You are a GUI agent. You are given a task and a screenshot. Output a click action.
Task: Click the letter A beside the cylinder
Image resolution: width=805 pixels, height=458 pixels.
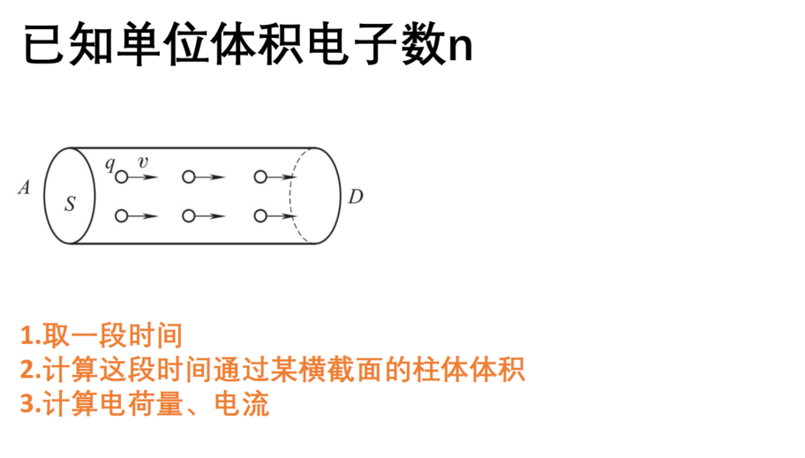pos(24,187)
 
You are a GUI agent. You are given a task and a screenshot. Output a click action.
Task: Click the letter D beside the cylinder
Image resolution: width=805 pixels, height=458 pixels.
pos(356,196)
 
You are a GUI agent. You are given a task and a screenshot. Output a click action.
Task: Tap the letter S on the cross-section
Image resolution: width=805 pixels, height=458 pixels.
pos(71,204)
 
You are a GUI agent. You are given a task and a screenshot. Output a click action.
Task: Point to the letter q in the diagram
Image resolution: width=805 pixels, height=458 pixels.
pos(109,164)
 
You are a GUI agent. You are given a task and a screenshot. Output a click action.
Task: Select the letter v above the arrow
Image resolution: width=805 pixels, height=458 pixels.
pos(143,162)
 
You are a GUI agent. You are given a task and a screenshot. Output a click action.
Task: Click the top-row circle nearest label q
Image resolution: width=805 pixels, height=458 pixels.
pos(122,177)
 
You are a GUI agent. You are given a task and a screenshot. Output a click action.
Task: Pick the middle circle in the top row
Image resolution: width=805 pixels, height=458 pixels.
pos(189,177)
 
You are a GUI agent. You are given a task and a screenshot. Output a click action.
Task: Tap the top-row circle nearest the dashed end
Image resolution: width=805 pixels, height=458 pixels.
pos(260,177)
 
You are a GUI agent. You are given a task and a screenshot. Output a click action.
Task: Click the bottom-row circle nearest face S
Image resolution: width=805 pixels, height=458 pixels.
pos(122,216)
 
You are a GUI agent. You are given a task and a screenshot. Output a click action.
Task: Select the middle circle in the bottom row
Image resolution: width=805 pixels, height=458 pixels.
pos(189,216)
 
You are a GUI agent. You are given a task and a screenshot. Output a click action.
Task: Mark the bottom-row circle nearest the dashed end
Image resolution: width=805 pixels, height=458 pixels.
pos(260,216)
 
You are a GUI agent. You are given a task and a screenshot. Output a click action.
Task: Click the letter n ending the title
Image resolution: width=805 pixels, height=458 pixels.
pos(461,48)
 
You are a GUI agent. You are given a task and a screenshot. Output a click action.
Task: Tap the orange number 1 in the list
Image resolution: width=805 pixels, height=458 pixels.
pos(27,336)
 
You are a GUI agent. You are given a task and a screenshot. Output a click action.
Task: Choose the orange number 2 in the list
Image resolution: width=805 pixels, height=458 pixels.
pos(27,370)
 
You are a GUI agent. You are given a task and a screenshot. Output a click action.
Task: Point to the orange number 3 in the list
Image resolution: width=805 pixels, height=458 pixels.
pos(27,403)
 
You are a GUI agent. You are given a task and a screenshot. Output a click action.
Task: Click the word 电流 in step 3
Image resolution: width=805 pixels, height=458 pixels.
pos(242,403)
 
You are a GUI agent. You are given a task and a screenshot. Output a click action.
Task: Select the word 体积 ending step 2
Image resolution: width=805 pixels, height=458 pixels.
pos(498,370)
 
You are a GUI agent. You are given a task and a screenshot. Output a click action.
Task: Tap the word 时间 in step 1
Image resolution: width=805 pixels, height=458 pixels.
pos(155,336)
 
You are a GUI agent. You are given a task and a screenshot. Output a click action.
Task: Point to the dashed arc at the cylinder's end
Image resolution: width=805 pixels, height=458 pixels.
pos(291,195)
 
